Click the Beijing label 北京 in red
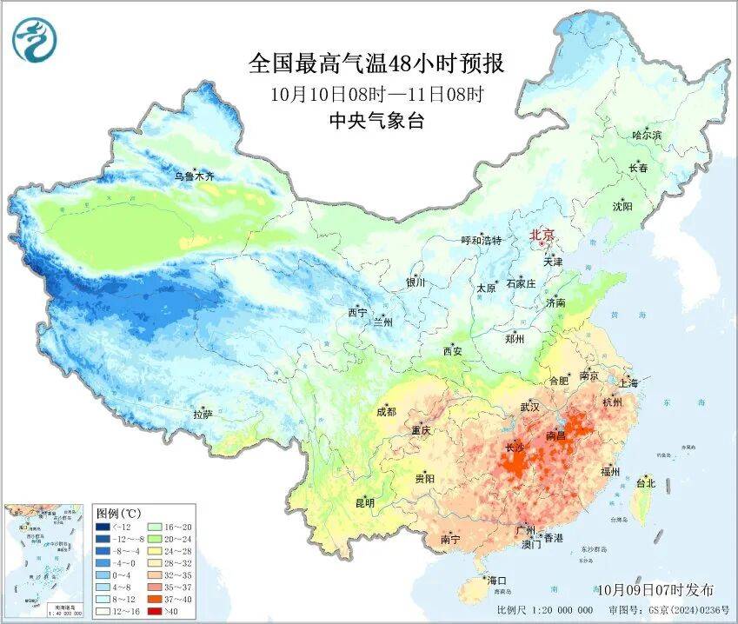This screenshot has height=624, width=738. point(542,235)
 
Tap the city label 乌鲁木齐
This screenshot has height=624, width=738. point(193,176)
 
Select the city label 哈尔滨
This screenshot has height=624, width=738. point(647,135)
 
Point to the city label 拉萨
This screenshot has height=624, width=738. point(203,415)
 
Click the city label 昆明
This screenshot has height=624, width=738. point(364,502)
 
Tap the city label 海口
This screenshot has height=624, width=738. point(496,580)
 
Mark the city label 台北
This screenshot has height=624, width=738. point(646,482)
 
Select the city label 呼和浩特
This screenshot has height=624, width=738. point(481,241)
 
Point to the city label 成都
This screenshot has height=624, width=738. point(386,412)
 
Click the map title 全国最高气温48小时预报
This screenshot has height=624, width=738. point(376,64)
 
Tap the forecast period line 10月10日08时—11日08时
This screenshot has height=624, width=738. point(376,93)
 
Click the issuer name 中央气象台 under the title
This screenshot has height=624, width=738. point(376,121)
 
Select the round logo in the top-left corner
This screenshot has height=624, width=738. point(33,39)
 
